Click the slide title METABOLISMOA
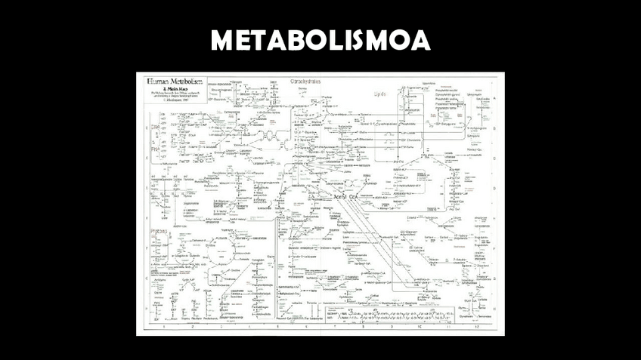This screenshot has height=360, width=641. [x=320, y=40]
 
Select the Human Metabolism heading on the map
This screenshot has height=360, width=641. [x=170, y=79]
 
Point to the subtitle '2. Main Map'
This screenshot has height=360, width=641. [x=164, y=88]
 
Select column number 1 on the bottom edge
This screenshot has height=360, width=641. [x=163, y=326]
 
